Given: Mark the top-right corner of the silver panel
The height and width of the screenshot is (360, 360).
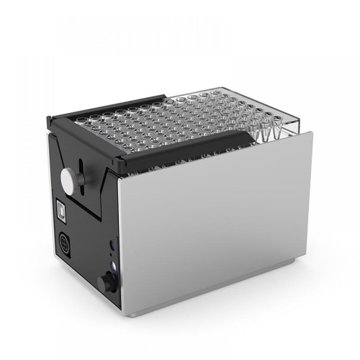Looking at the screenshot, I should (x=311, y=132).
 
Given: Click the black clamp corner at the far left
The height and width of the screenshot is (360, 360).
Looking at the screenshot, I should (x=48, y=120).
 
